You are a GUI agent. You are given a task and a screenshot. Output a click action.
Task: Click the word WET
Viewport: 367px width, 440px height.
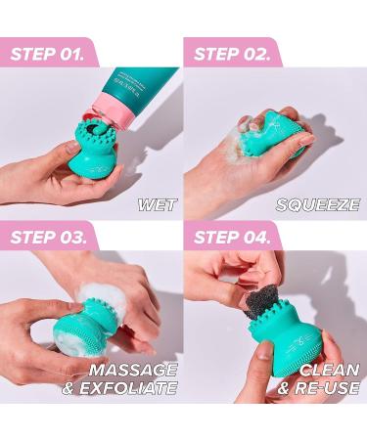(158, 204)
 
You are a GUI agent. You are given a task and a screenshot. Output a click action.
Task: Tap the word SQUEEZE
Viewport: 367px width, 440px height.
(317, 204)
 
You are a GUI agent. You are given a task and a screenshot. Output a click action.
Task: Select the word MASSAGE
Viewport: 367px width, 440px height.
(133, 370)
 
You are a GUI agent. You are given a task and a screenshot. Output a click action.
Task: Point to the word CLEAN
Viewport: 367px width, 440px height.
(328, 370)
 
